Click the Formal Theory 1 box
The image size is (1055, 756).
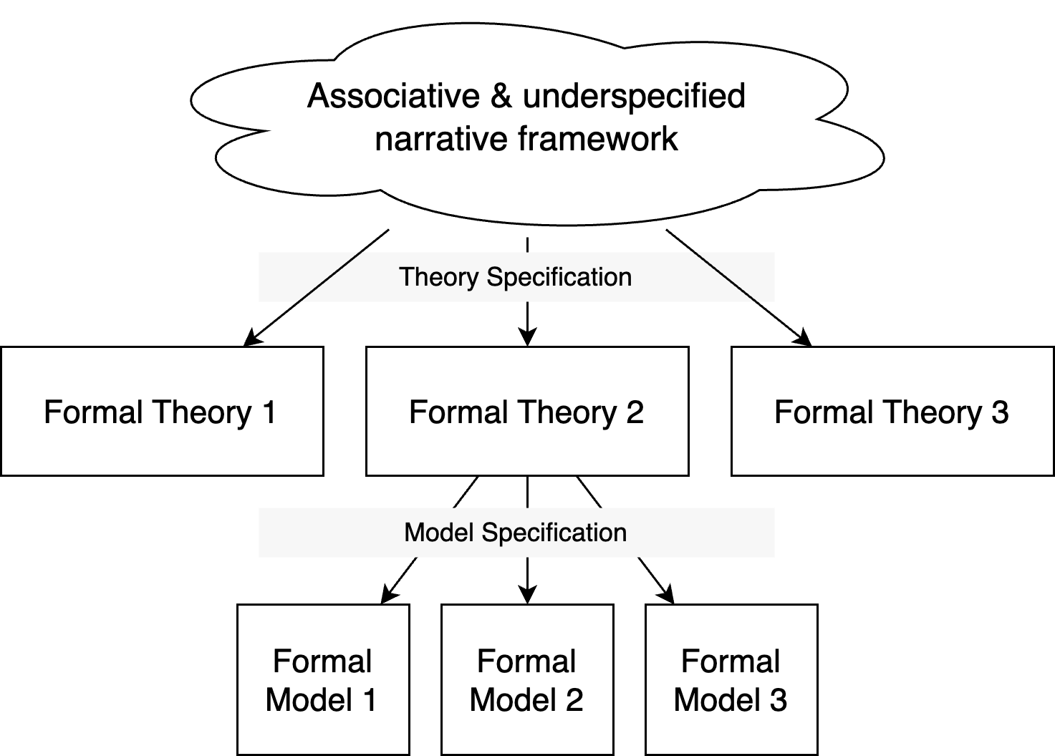pyautogui.click(x=162, y=411)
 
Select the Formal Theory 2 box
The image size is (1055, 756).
pyautogui.click(x=527, y=411)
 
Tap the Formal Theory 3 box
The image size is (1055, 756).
pyautogui.click(x=892, y=411)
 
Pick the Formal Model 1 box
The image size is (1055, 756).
pyautogui.click(x=323, y=679)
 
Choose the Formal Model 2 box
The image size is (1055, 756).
pyautogui.click(x=527, y=679)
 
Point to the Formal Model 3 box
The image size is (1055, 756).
pyautogui.click(x=731, y=679)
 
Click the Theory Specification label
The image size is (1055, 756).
pyautogui.click(x=516, y=277)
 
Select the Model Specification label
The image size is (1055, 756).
pyautogui.click(x=516, y=533)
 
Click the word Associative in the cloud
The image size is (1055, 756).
pyautogui.click(x=393, y=97)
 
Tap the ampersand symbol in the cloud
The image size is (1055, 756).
pyautogui.click(x=501, y=97)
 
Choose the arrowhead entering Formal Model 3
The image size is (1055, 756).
pyautogui.click(x=667, y=596)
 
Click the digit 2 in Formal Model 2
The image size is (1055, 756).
pyautogui.click(x=574, y=699)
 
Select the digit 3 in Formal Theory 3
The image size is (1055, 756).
pyautogui.click(x=1000, y=412)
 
